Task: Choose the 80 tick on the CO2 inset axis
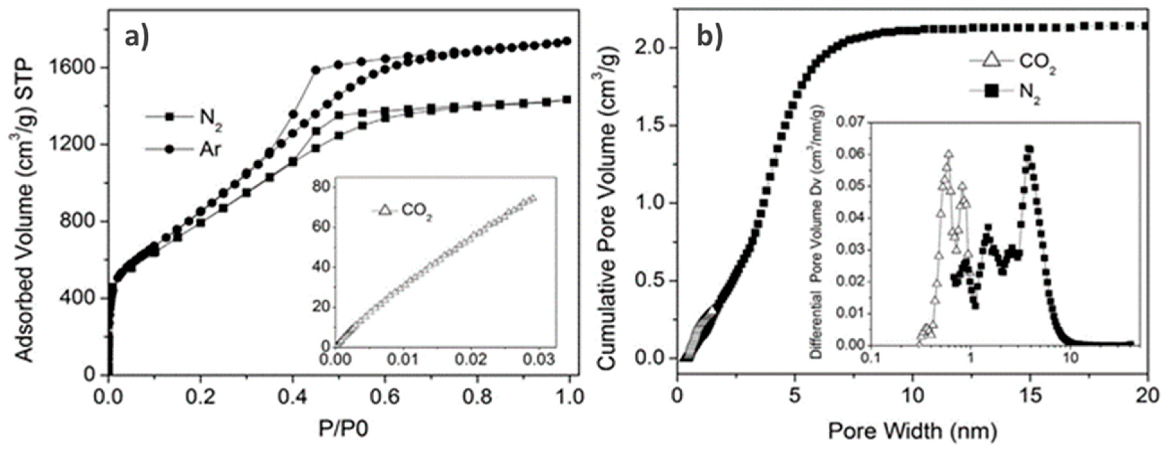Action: pyautogui.click(x=322, y=187)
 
